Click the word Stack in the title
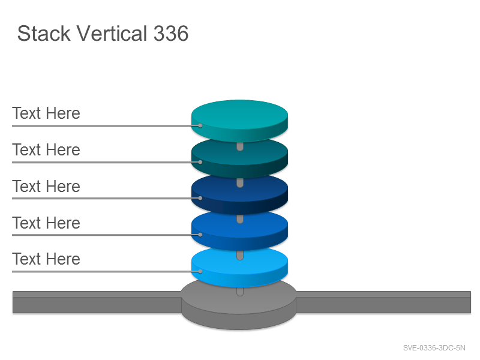click(x=44, y=34)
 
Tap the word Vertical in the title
click(x=112, y=34)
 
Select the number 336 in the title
click(x=171, y=34)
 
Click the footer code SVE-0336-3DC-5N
click(x=434, y=348)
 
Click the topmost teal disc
click(x=239, y=121)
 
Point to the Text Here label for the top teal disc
click(x=46, y=113)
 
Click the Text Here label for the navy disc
click(x=46, y=187)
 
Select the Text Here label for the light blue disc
click(x=46, y=259)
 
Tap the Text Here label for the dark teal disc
click(x=46, y=149)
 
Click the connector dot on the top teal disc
click(x=200, y=125)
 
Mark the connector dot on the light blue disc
click(x=200, y=271)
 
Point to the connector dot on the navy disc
click(x=200, y=198)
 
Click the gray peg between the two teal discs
click(x=240, y=146)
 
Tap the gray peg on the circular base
click(x=240, y=292)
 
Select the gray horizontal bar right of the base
click(x=383, y=302)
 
